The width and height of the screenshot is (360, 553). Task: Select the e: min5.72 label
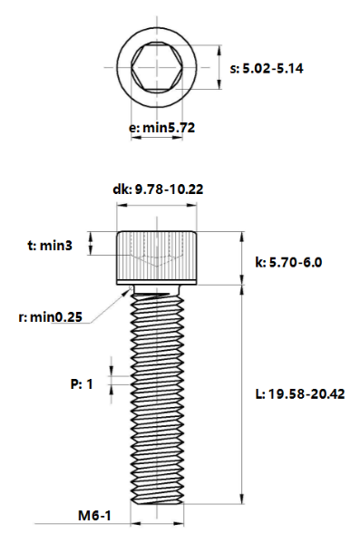click(161, 129)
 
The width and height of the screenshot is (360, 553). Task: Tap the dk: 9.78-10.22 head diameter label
click(156, 189)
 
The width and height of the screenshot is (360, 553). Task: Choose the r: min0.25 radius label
click(51, 316)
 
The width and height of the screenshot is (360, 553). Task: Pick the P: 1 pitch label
click(83, 383)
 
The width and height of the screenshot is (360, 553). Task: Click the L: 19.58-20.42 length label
click(299, 393)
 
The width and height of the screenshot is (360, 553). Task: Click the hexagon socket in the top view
click(156, 67)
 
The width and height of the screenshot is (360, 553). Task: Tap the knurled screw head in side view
click(156, 257)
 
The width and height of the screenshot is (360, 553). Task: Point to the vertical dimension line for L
click(241, 393)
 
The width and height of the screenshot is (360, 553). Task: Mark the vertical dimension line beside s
click(220, 67)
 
